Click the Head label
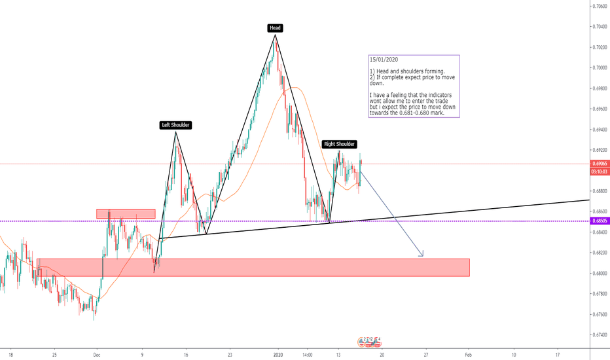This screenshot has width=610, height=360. point(275,27)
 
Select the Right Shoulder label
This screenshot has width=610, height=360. point(340,144)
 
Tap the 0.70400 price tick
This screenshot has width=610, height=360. point(599,26)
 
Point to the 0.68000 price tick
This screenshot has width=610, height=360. point(599,273)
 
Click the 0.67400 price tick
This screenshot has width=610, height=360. point(599,334)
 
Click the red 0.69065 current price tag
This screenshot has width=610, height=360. point(599,164)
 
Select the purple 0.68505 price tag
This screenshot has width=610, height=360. point(599,221)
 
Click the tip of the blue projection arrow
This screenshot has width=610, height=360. point(423,255)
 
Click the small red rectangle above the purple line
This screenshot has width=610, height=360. point(126,213)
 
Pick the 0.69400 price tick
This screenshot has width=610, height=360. point(599,129)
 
